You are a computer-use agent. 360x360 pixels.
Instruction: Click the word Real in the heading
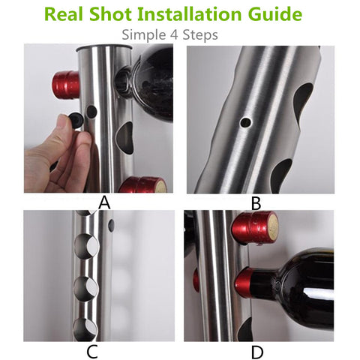[x=63, y=14]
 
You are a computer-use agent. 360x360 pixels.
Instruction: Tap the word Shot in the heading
[x=110, y=14]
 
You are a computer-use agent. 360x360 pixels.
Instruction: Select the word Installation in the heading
[x=190, y=14]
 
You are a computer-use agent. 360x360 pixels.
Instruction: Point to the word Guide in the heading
[x=275, y=14]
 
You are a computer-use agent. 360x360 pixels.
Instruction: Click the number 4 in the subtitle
[x=174, y=35]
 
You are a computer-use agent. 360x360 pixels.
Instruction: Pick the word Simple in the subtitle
[x=144, y=35]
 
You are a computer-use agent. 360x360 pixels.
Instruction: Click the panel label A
[x=104, y=202]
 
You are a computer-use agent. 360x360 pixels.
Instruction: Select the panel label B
[x=256, y=203]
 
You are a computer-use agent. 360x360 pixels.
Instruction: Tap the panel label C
[x=91, y=352]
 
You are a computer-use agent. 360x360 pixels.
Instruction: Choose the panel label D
[x=257, y=352]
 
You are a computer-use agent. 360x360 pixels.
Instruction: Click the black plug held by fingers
[x=76, y=119]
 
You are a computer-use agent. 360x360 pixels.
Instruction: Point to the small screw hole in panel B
[x=245, y=122]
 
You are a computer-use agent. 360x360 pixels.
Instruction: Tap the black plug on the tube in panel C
[x=111, y=225]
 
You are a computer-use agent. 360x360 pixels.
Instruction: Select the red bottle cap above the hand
[x=66, y=85]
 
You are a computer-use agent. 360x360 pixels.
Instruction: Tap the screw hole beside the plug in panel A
[x=92, y=112]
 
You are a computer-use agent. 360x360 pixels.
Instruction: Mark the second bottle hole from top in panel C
[x=86, y=247]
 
